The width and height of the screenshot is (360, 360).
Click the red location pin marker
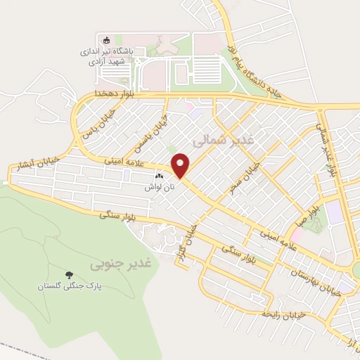[x=181, y=166]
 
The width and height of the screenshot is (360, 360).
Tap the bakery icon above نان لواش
[x=159, y=177]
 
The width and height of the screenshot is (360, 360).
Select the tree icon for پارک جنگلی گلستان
[x=69, y=274]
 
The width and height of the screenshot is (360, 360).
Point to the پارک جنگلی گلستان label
[x=69, y=287]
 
